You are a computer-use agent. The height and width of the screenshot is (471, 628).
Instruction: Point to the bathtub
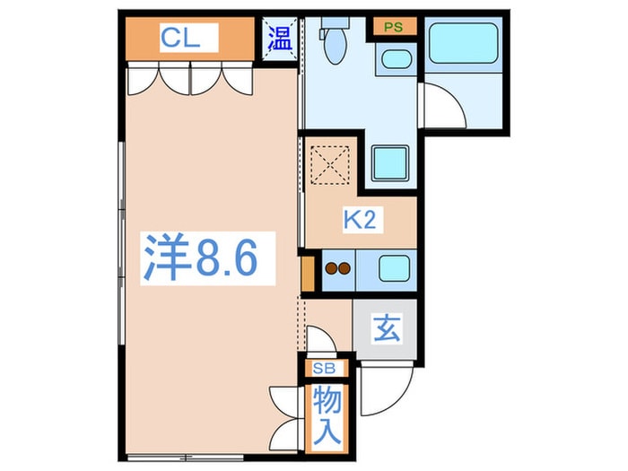462,43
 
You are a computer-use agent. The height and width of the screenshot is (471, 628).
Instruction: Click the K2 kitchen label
359,221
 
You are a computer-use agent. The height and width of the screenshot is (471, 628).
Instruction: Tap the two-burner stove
338,267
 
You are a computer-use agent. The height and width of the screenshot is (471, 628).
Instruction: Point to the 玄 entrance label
386,330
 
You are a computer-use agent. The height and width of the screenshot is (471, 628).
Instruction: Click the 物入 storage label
327,415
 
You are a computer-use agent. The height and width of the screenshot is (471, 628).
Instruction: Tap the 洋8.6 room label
202,258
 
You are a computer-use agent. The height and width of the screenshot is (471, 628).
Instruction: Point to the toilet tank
335,22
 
